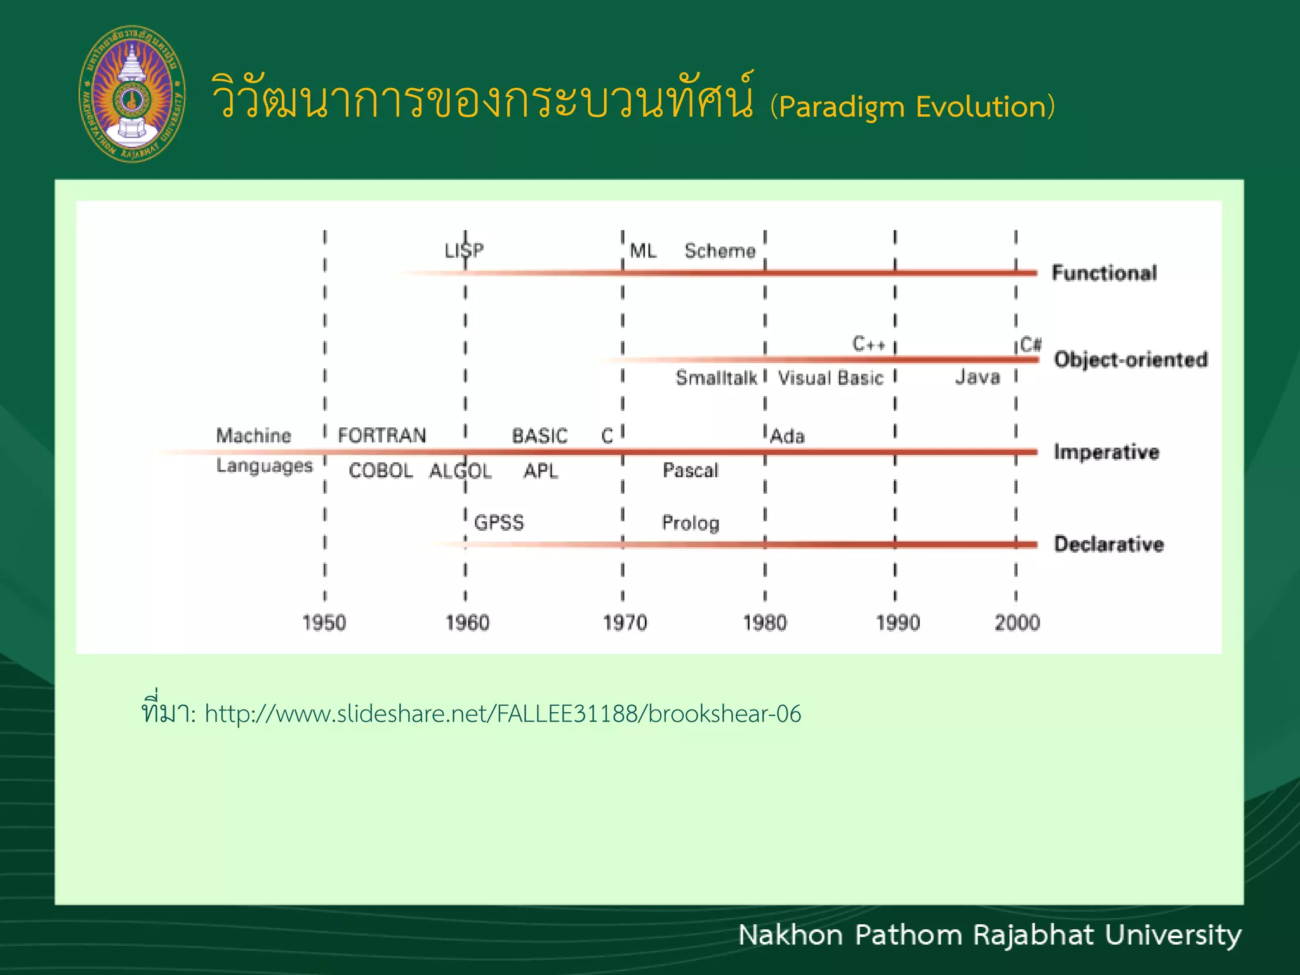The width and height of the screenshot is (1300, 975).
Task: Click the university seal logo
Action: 132,94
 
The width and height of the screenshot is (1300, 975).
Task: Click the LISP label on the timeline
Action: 464,250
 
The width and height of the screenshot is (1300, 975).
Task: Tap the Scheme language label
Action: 720,251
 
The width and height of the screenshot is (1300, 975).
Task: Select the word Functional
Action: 1104,273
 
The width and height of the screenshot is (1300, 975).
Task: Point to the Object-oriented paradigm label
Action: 1131,359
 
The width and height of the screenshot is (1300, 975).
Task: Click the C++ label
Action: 868,344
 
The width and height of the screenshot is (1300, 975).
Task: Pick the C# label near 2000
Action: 1031,344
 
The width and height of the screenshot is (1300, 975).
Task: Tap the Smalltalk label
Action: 716,378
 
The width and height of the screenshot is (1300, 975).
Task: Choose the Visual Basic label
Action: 830,378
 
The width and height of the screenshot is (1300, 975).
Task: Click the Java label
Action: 978,377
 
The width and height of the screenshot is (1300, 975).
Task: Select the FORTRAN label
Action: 381,435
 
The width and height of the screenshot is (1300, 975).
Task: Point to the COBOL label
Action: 380,470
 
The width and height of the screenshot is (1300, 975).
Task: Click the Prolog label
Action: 690,522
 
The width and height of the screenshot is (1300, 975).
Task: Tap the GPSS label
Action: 499,522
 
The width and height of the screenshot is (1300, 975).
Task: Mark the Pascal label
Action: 690,470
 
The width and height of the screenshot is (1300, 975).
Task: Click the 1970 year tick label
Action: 625,622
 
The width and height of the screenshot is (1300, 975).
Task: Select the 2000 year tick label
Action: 1017,622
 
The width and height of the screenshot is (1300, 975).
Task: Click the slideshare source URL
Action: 503,714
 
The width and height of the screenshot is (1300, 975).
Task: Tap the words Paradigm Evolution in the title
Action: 913,107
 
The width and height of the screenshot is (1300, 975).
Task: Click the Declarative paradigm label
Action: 1108,544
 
